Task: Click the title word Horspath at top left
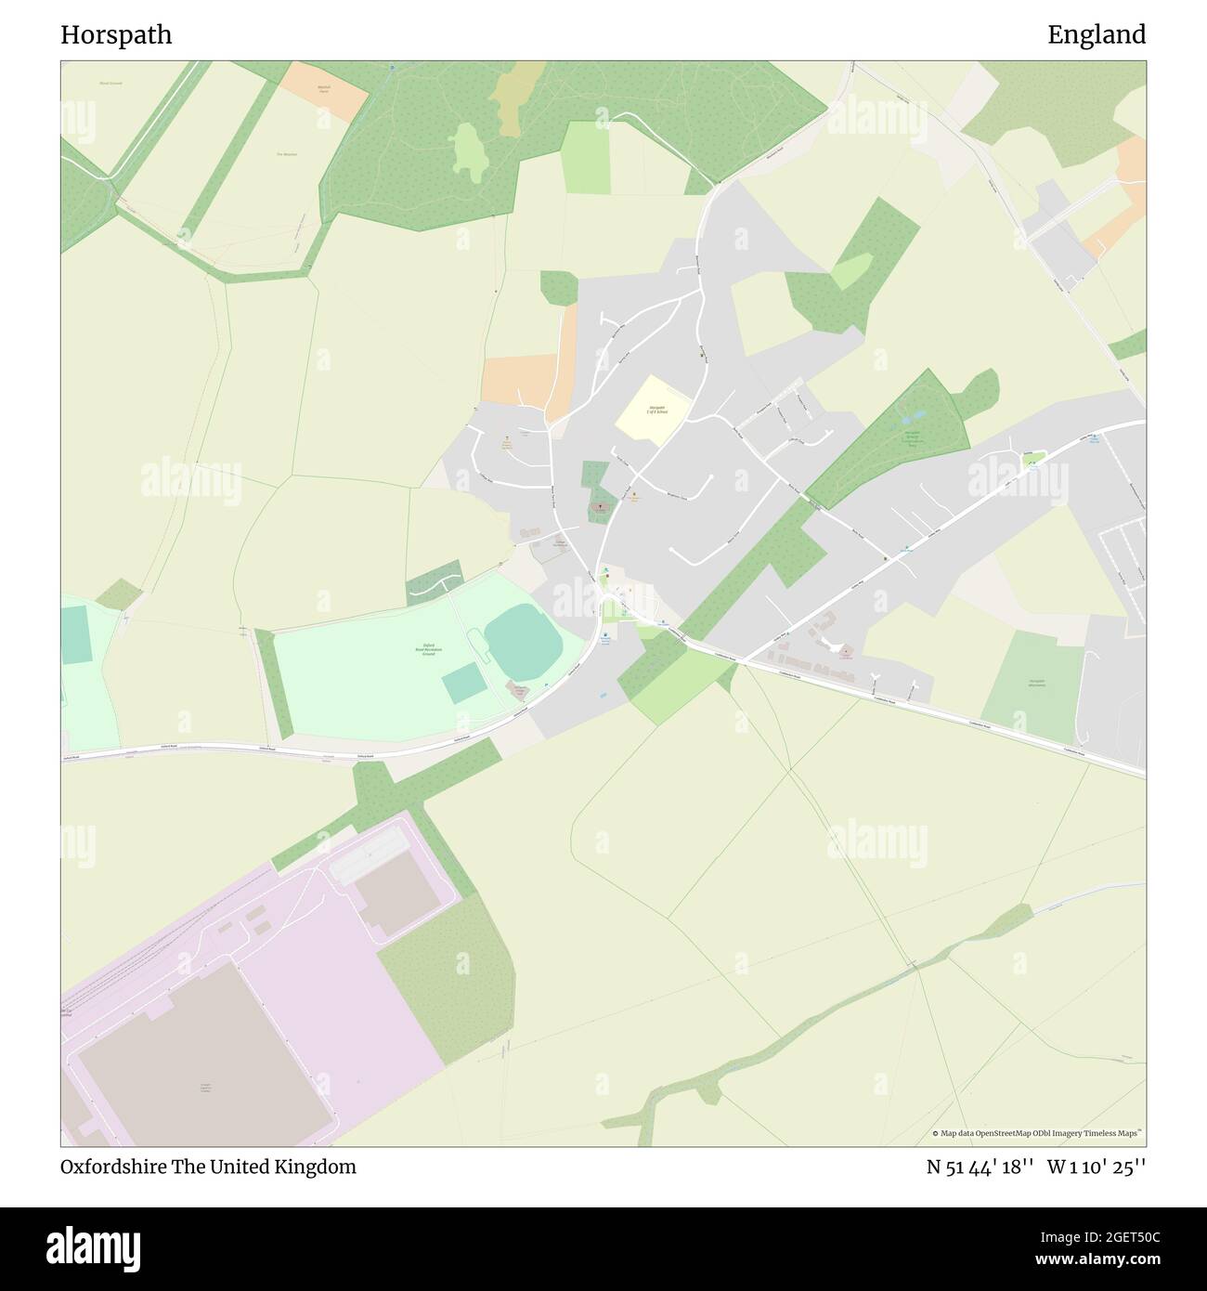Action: click(116, 35)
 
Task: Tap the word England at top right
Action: click(1097, 35)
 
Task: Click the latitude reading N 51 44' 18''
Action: click(980, 1167)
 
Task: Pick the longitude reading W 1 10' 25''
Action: click(1097, 1167)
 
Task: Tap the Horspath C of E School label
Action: click(656, 410)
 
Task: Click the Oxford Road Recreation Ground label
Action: click(428, 650)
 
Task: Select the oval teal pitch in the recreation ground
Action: click(524, 643)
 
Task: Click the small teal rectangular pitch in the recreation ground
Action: click(463, 685)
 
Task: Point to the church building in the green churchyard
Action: click(601, 508)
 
